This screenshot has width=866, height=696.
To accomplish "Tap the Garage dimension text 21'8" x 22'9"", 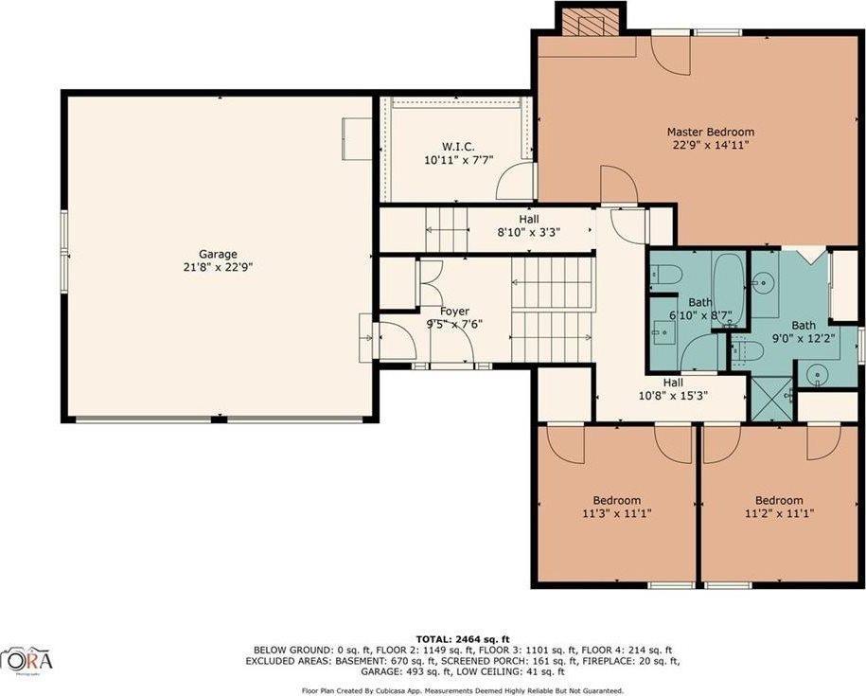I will (218, 267).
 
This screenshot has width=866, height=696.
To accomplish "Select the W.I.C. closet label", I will (451, 146).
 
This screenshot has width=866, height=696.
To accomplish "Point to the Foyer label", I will (454, 311).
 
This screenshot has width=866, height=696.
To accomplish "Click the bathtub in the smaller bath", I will (728, 288).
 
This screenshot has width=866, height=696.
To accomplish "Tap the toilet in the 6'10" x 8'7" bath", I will (668, 275).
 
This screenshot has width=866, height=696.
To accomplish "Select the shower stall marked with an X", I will (771, 400).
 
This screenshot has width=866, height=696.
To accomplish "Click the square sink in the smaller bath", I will (663, 330).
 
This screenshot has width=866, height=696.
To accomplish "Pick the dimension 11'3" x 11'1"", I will (616, 513).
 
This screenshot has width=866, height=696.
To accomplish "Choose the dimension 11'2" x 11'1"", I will (778, 513).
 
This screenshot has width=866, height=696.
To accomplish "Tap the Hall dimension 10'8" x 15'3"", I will (673, 396).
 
